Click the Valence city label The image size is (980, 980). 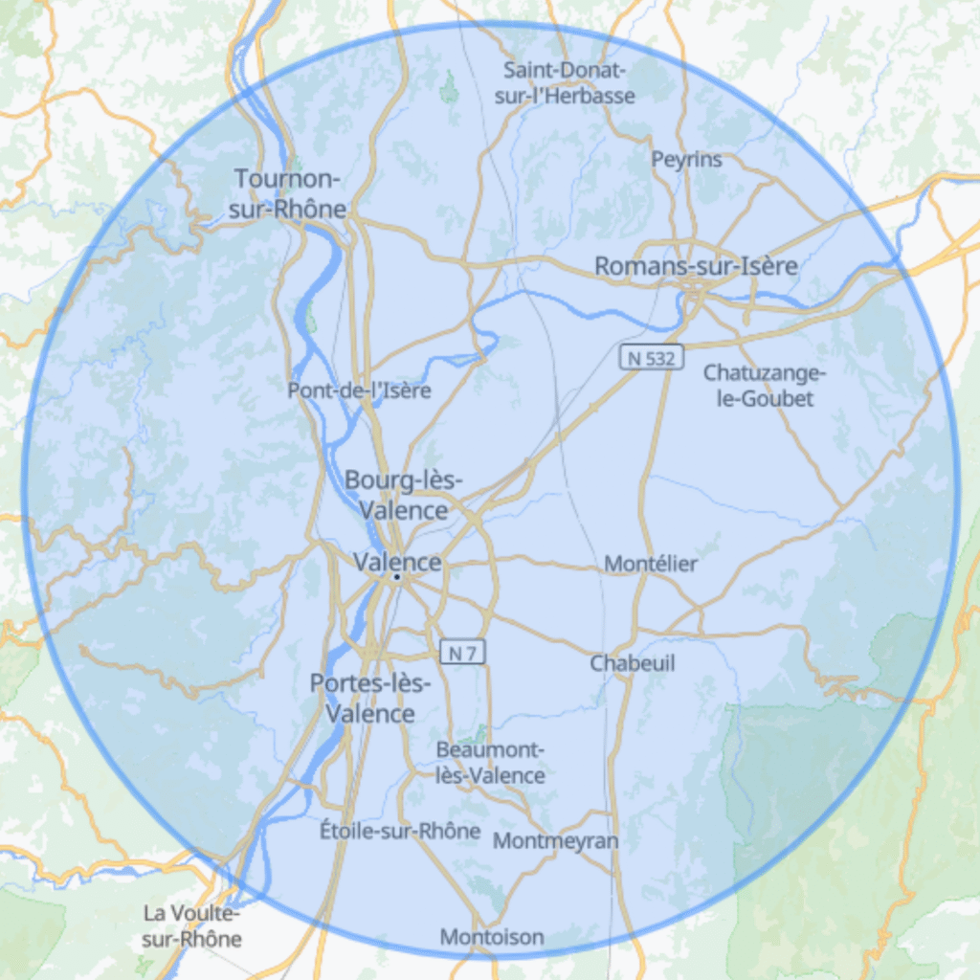pyautogui.click(x=397, y=562)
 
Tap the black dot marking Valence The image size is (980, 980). pyautogui.click(x=396, y=577)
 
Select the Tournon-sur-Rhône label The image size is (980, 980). pyautogui.click(x=288, y=193)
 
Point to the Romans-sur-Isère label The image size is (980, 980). pyautogui.click(x=696, y=266)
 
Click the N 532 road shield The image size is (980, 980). pyautogui.click(x=652, y=358)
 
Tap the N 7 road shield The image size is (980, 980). pyautogui.click(x=463, y=653)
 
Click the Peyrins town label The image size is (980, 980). pyautogui.click(x=686, y=160)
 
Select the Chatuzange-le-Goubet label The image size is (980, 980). pyautogui.click(x=765, y=385)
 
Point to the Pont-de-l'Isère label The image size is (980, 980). pyautogui.click(x=359, y=390)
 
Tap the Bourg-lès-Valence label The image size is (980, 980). pyautogui.click(x=404, y=495)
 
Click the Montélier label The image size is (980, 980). pyautogui.click(x=651, y=564)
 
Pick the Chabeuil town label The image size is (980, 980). pyautogui.click(x=632, y=663)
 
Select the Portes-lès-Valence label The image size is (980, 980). pyautogui.click(x=370, y=699)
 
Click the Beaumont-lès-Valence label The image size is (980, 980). pyautogui.click(x=490, y=763)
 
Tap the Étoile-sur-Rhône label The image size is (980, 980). pyautogui.click(x=400, y=831)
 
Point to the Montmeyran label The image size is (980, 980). pyautogui.click(x=555, y=841)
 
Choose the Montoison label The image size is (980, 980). pyautogui.click(x=492, y=937)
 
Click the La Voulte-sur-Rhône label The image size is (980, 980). pyautogui.click(x=191, y=926)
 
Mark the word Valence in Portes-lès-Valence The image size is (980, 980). pyautogui.click(x=370, y=714)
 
